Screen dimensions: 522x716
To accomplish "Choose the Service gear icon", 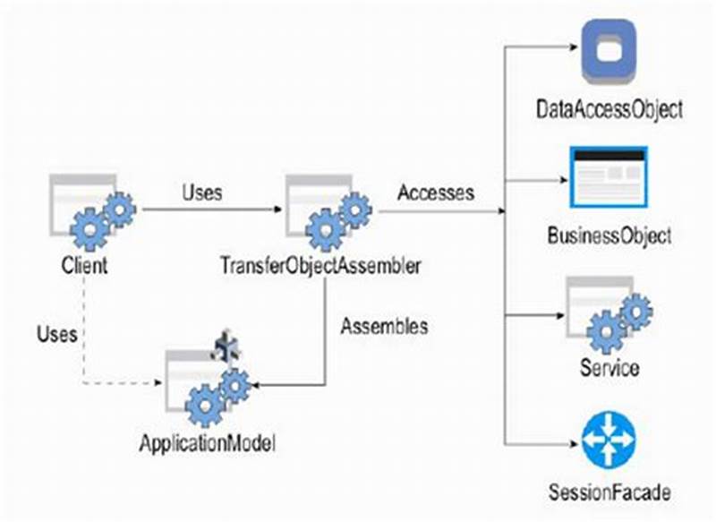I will click(x=609, y=314).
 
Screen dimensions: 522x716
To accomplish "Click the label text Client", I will click(x=85, y=266).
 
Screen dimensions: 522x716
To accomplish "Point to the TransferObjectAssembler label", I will click(x=320, y=266).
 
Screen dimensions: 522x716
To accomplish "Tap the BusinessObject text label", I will click(x=609, y=236).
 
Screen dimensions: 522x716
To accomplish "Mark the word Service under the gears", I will click(x=609, y=367).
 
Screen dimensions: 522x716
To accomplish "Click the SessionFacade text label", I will click(x=609, y=492).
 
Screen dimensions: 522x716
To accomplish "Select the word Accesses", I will click(x=436, y=192).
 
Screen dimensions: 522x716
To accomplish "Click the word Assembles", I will click(x=384, y=326).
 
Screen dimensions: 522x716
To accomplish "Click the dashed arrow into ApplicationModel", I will click(x=125, y=383).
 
